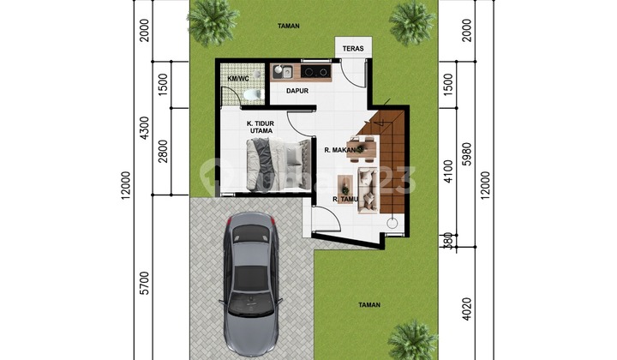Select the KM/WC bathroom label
coord(238,79)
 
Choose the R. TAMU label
coord(344,200)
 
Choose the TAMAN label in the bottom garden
coord(368,304)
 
